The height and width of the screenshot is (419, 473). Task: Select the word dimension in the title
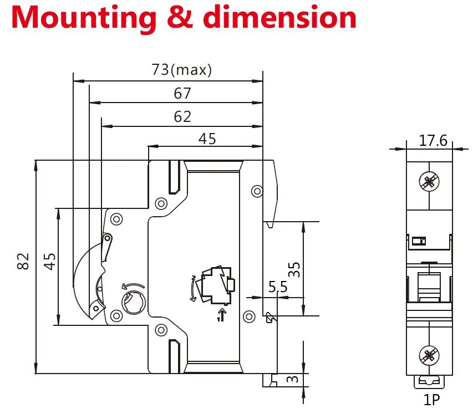pyautogui.click(x=280, y=18)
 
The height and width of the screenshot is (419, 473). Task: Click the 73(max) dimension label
pyautogui.click(x=181, y=70)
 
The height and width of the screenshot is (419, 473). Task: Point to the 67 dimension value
pyautogui.click(x=182, y=94)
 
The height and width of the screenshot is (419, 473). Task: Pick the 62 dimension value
pyautogui.click(x=182, y=116)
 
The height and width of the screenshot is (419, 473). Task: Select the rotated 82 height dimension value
pyautogui.click(x=23, y=261)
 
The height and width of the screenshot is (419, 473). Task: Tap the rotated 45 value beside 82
pyautogui.click(x=50, y=261)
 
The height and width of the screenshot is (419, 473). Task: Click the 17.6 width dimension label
pyautogui.click(x=433, y=141)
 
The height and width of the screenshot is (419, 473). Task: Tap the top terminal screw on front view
pyautogui.click(x=429, y=181)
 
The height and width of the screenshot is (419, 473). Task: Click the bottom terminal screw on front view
pyautogui.click(x=429, y=354)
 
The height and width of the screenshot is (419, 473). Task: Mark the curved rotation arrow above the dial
pyautogui.click(x=132, y=286)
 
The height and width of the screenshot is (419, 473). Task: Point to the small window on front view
pyautogui.click(x=419, y=241)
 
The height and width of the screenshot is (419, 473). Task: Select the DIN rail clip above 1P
pyautogui.click(x=430, y=381)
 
